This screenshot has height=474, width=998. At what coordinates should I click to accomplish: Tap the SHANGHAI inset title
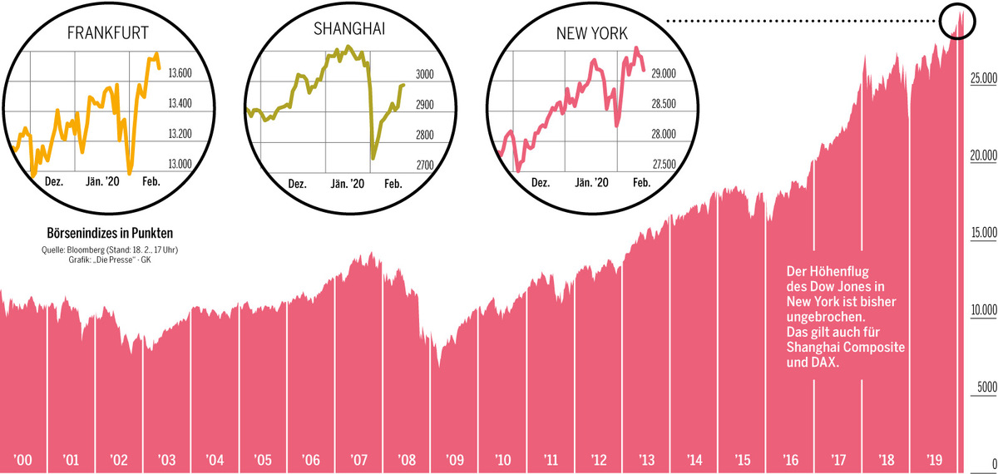349,28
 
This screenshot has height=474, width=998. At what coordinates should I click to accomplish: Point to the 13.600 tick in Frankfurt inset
180,74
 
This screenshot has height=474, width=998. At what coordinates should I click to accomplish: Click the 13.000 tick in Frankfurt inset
180,164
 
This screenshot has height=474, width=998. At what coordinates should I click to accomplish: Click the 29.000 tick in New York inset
663,75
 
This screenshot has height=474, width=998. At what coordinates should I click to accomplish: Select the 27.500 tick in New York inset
663,165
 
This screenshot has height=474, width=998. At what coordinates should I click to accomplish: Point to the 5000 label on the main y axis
985,388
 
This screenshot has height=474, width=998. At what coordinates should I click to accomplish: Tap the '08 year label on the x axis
407,459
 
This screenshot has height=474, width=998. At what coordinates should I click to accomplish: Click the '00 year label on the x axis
23,459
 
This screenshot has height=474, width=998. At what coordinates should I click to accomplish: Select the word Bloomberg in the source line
86,249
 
